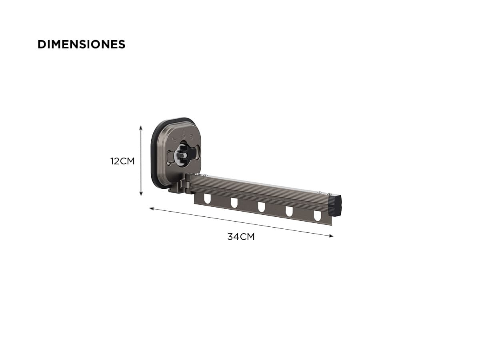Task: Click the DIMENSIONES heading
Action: point(81,44)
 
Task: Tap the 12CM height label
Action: point(122,161)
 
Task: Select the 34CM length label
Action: point(241,237)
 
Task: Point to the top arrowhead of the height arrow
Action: point(141,128)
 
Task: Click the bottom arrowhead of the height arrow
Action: point(141,194)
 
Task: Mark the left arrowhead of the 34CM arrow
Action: point(152,208)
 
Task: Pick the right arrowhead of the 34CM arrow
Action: point(331,236)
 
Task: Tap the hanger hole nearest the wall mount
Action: point(207,199)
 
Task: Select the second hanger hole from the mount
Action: point(234,203)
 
